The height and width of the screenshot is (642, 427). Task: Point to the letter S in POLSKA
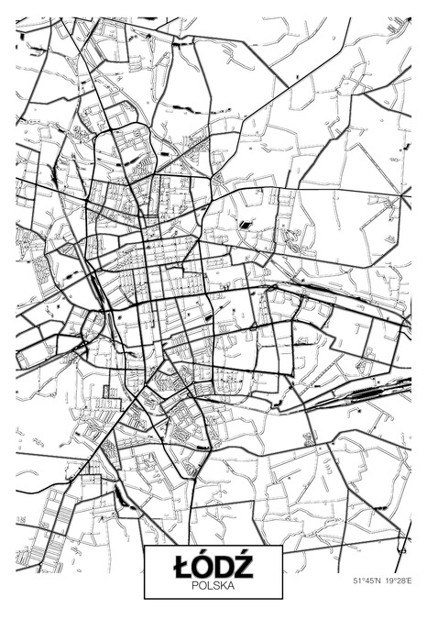[x=214, y=584]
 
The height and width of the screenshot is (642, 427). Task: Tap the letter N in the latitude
[x=377, y=581]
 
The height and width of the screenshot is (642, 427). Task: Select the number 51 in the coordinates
[x=356, y=581]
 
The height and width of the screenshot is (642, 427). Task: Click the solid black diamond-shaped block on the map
[x=245, y=223]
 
